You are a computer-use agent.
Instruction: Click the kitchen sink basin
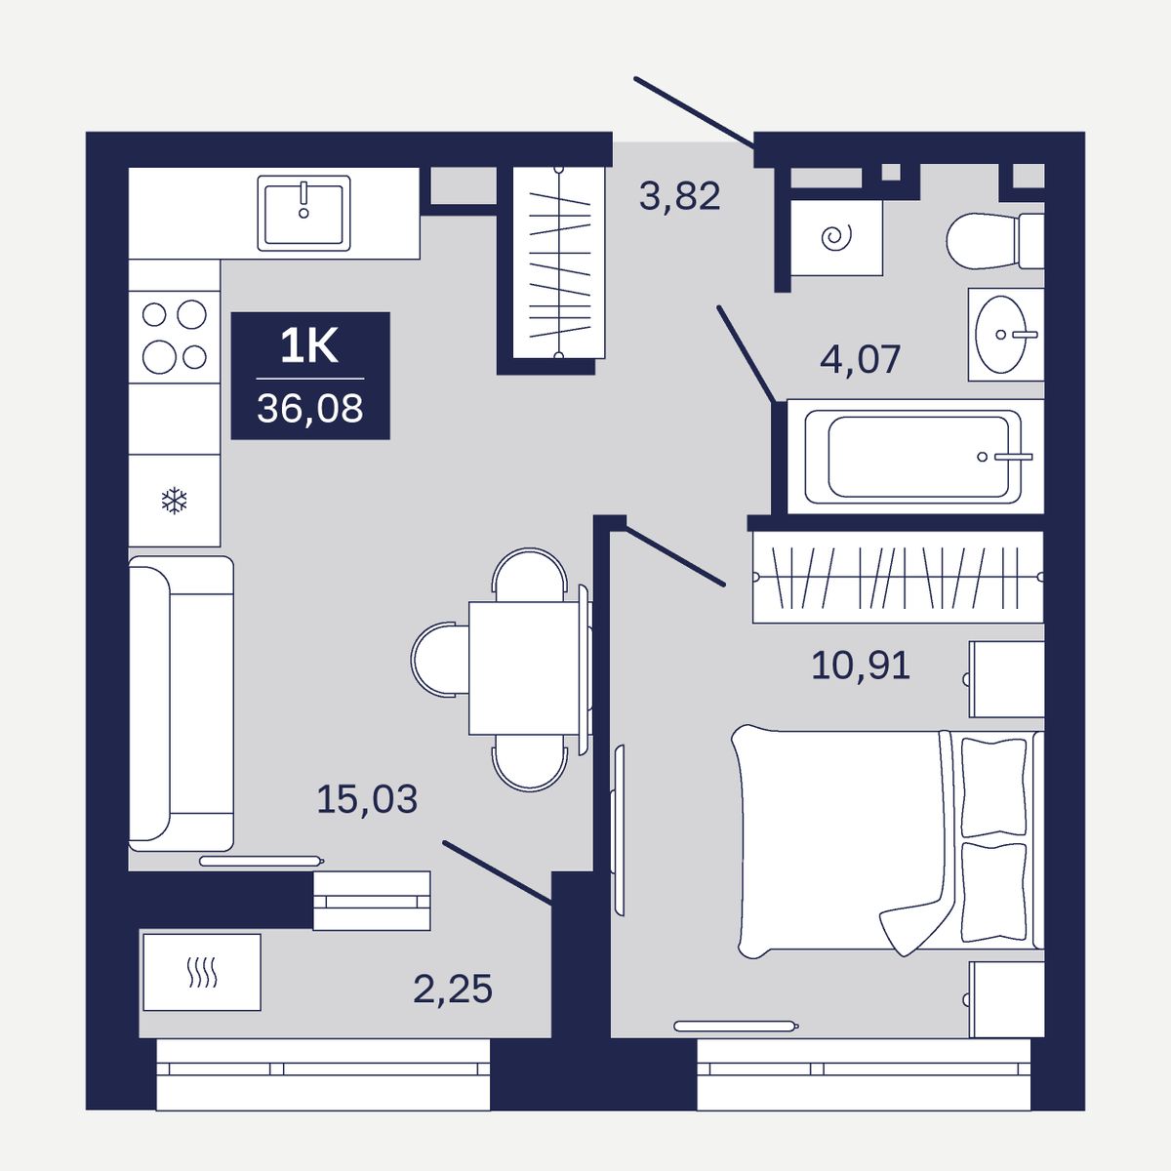tap(303, 214)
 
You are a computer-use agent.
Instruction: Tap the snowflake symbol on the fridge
tap(175, 501)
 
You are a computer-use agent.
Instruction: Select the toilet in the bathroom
tap(994, 241)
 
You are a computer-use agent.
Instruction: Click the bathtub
tap(912, 457)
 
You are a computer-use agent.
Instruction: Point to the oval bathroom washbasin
tap(1000, 335)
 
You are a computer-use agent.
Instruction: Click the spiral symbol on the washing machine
tap(836, 237)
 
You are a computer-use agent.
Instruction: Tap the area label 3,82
tap(679, 196)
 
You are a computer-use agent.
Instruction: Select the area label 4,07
tap(860, 359)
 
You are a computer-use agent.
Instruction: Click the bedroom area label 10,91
tap(861, 665)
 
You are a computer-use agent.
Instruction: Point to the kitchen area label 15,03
tap(367, 798)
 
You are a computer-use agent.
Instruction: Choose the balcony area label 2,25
tap(453, 989)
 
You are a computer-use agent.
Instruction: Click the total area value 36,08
tap(310, 408)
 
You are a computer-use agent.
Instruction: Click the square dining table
tap(524, 668)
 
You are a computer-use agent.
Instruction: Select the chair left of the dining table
tap(440, 660)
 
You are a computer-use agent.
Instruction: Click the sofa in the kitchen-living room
tap(182, 703)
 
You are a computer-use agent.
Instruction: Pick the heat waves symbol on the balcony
tap(202, 973)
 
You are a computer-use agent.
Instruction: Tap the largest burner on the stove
tap(159, 356)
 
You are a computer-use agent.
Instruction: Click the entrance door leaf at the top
tap(694, 112)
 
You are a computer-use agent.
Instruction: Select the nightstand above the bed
tap(1006, 679)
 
